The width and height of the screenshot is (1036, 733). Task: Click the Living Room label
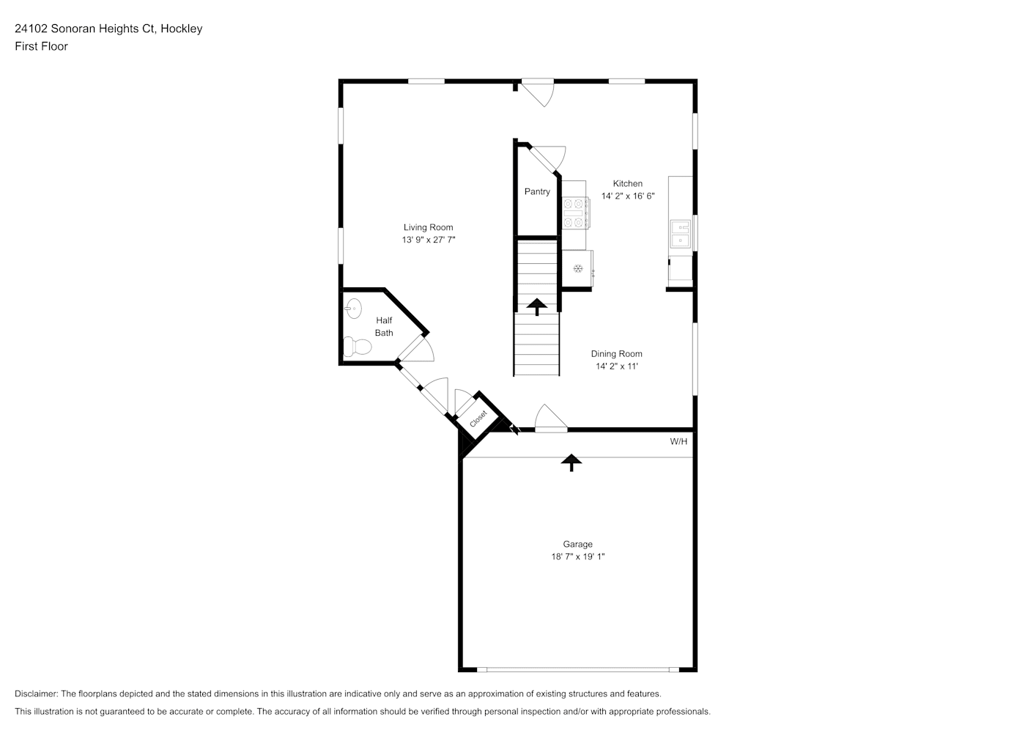pos(429,227)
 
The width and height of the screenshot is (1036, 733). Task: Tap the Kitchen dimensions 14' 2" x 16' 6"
pos(628,196)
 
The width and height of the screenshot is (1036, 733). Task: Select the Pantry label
pos(537,191)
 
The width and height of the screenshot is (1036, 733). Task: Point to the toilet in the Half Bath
pos(357,347)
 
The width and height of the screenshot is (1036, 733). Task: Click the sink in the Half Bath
pos(353,308)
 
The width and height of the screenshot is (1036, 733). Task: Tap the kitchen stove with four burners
pos(575,213)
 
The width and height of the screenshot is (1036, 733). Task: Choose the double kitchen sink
pos(681,234)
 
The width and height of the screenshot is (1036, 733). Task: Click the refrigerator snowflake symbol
pos(577,268)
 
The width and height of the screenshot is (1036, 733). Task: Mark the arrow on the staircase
pos(537,307)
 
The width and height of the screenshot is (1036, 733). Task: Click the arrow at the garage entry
pos(571,463)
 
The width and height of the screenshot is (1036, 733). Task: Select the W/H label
pos(678,441)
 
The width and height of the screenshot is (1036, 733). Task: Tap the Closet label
pos(478,419)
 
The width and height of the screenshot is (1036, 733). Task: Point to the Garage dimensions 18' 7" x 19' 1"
pos(577,556)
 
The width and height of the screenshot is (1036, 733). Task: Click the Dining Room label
pos(616,354)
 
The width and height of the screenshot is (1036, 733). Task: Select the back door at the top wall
pos(538,92)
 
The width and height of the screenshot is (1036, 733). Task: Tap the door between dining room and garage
pos(551,419)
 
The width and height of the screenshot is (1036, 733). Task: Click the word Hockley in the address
pos(181,29)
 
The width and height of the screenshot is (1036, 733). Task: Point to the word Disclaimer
pos(37,693)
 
